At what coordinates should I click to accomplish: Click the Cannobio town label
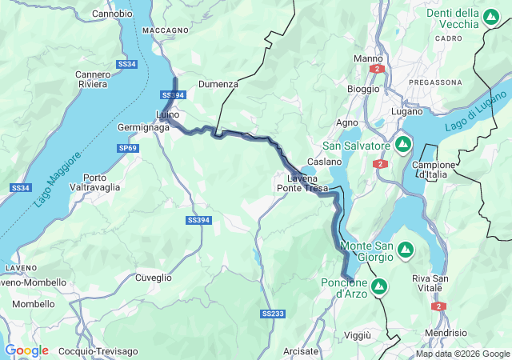tap(112, 14)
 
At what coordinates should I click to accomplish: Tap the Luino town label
tap(168, 114)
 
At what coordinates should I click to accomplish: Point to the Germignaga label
tap(143, 128)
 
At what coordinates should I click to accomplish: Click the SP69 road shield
tap(128, 148)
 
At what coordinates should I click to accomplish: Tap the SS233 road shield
tap(273, 314)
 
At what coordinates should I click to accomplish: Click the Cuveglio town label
tap(153, 278)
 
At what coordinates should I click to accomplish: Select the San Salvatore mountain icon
tap(403, 145)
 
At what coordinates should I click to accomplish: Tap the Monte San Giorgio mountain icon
tap(406, 250)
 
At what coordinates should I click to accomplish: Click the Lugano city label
tap(406, 111)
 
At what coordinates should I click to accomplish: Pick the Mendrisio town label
tap(446, 332)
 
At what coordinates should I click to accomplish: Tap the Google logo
tap(26, 350)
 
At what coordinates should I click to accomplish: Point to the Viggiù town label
tap(358, 334)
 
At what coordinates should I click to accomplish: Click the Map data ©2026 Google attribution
tap(462, 354)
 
